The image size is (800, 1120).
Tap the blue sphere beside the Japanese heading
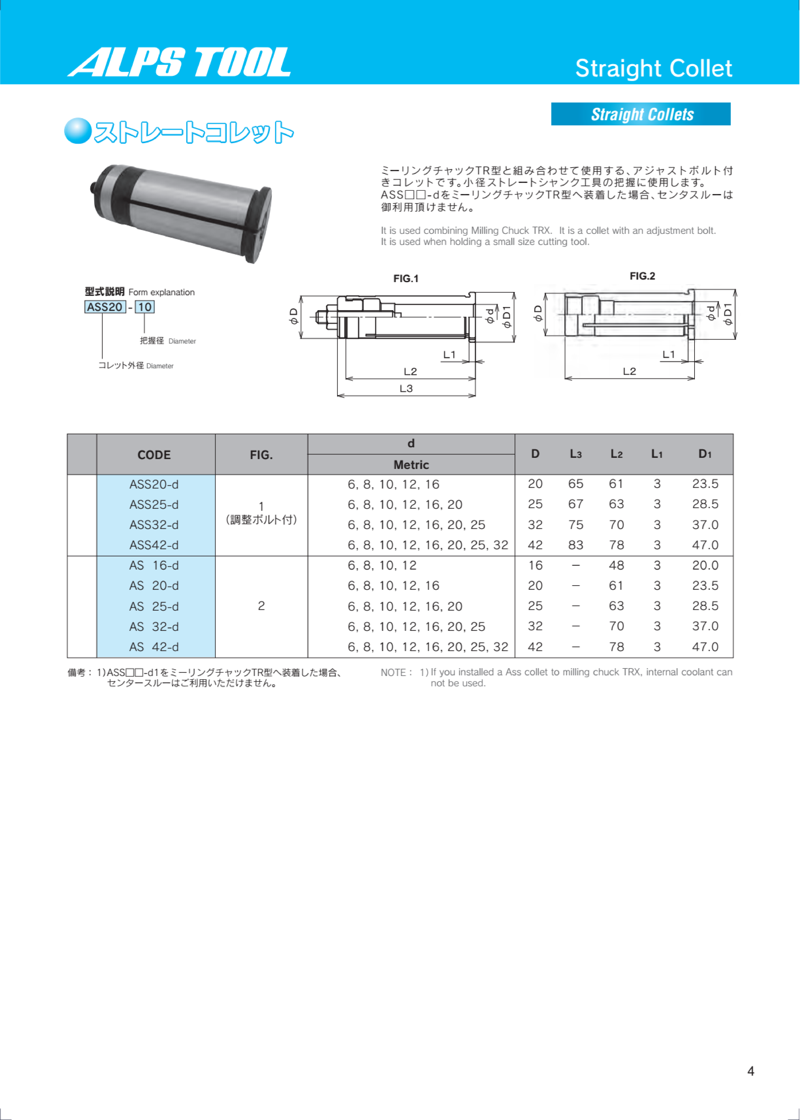tap(78, 131)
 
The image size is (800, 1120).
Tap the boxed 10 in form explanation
tap(144, 307)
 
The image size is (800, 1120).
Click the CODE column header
tap(154, 455)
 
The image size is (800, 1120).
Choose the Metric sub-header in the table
tap(411, 465)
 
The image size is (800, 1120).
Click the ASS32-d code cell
tap(154, 525)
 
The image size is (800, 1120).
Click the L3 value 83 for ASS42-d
tap(575, 545)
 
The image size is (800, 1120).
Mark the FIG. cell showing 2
tap(261, 606)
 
